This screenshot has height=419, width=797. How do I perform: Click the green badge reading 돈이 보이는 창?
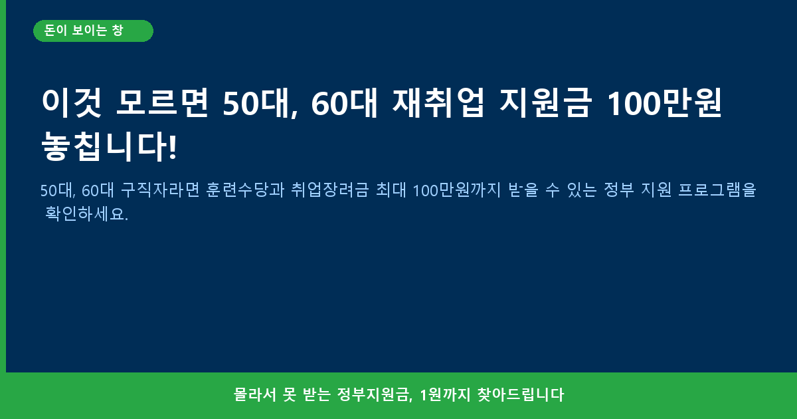coord(93,31)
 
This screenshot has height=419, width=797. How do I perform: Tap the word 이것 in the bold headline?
coord(72,103)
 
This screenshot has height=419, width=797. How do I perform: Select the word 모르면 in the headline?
coord(162,102)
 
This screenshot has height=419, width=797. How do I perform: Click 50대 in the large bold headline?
coord(260,103)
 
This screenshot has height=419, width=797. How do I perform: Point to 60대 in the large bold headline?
coord(344,103)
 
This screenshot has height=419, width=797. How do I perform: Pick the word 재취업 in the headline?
coord(438,102)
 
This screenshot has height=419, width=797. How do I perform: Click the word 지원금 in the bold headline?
coord(546,102)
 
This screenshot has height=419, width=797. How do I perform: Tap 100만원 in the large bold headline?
coord(665,102)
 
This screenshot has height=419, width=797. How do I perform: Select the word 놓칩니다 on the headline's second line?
coord(104,146)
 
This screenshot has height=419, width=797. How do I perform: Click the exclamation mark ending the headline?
coord(173,146)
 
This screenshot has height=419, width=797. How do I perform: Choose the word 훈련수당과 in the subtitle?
coord(245,190)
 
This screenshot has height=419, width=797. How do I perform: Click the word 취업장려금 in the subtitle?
coord(330,190)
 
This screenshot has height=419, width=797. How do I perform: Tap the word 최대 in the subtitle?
coord(391,190)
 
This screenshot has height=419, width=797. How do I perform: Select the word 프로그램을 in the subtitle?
coord(717,190)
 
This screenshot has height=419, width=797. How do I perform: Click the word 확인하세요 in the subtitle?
coord(84,214)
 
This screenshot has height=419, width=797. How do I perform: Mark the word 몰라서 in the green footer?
coord(255,394)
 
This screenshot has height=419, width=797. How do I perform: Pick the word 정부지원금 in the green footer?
coord(373,394)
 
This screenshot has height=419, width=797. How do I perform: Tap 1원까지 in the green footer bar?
coord(445,394)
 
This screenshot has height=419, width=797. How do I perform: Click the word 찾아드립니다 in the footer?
coord(521,394)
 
